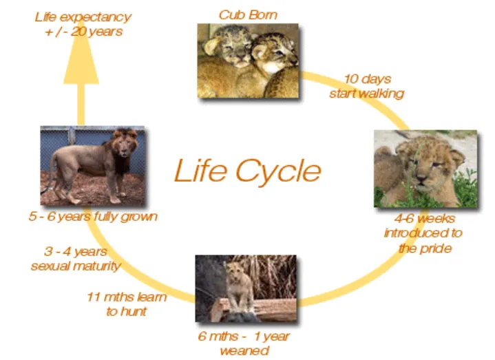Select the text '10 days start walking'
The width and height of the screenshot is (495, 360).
click(x=366, y=86)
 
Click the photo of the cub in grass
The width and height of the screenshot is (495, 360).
click(x=425, y=169)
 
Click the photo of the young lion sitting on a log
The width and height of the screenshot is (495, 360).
click(x=246, y=288)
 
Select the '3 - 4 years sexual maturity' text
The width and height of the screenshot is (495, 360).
click(x=76, y=259)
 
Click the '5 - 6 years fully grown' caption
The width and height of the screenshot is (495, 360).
click(x=93, y=216)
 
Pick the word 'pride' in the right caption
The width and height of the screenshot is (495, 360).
click(x=435, y=248)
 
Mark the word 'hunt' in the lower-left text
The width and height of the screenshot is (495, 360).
click(x=135, y=311)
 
